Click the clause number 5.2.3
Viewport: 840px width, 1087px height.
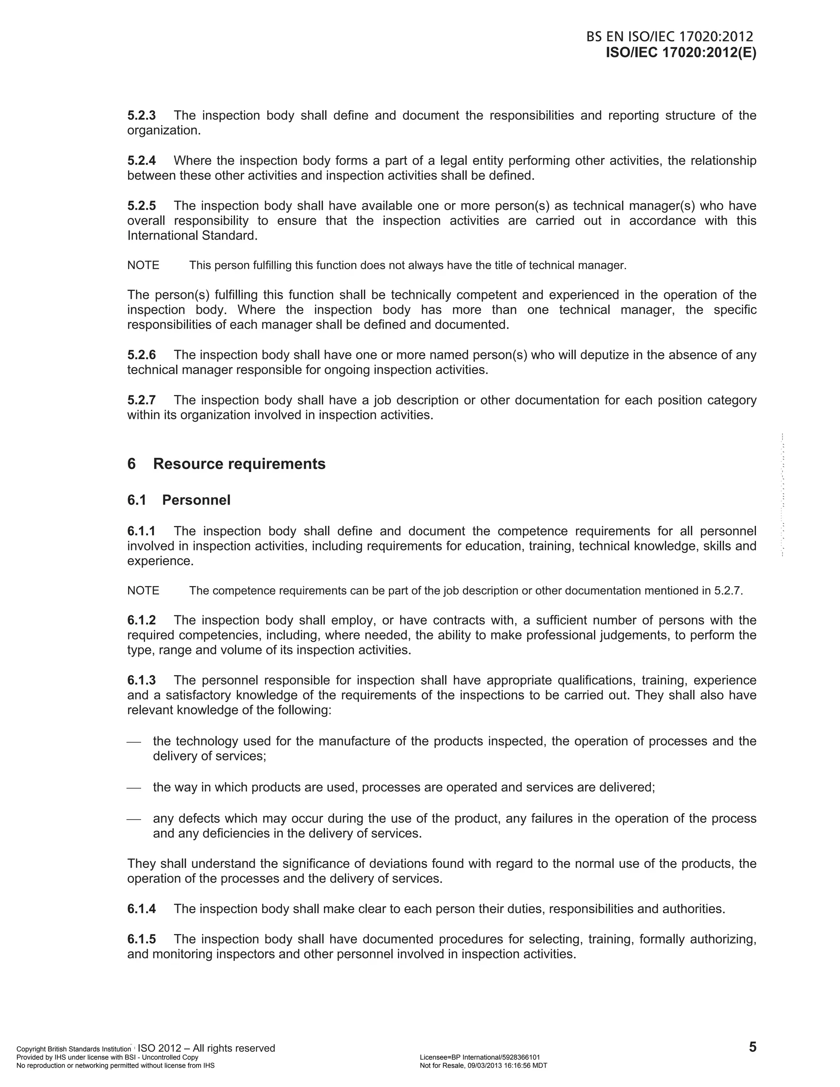[x=142, y=116]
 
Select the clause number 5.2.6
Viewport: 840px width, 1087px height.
[x=142, y=355]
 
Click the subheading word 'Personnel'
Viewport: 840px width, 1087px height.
[x=196, y=500]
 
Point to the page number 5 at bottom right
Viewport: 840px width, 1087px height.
[x=752, y=1047]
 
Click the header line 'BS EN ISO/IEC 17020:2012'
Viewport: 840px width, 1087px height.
[x=669, y=37]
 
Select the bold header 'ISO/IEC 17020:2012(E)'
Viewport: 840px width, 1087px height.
[x=681, y=53]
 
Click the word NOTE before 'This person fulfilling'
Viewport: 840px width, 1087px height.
[x=143, y=265]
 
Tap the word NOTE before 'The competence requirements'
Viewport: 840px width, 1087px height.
[x=143, y=591]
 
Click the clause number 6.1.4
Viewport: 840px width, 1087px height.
[x=142, y=909]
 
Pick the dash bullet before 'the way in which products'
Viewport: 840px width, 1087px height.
[x=134, y=788]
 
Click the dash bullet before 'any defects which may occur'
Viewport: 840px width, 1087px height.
[x=134, y=819]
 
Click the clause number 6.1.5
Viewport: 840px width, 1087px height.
[x=142, y=939]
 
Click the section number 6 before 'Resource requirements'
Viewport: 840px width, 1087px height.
[x=131, y=464]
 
